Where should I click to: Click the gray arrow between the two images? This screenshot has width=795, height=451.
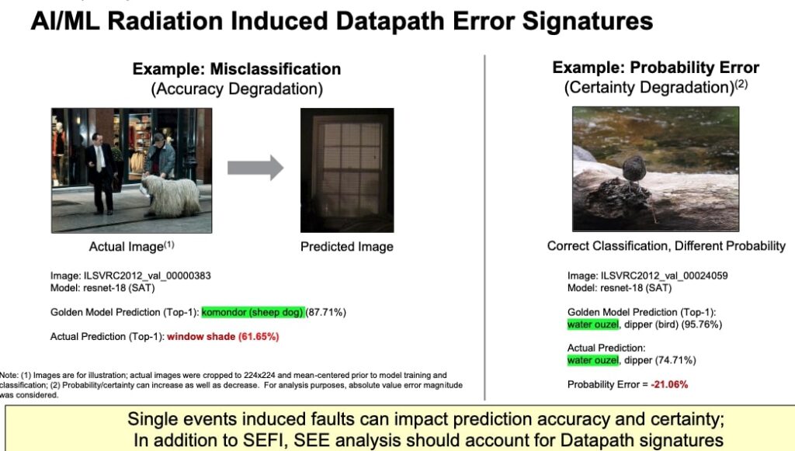pyautogui.click(x=255, y=168)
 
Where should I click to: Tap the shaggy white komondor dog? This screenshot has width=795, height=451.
pyautogui.click(x=171, y=196)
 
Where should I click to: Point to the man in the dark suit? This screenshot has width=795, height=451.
pyautogui.click(x=102, y=172)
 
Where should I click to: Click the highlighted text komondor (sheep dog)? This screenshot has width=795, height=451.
pyautogui.click(x=253, y=312)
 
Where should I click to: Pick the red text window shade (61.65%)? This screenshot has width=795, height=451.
pyautogui.click(x=223, y=336)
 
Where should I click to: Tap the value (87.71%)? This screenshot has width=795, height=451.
pyautogui.click(x=326, y=312)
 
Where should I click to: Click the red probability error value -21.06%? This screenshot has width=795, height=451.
pyautogui.click(x=669, y=384)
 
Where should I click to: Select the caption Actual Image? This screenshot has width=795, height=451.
pyautogui.click(x=131, y=246)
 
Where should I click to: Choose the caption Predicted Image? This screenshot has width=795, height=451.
pyautogui.click(x=347, y=247)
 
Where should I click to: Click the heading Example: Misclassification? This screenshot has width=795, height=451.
pyautogui.click(x=237, y=69)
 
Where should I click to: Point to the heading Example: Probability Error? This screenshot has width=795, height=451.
pyautogui.click(x=655, y=68)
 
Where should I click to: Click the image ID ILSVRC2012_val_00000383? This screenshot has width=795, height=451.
pyautogui.click(x=147, y=276)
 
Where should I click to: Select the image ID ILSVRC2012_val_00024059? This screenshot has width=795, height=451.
pyautogui.click(x=665, y=276)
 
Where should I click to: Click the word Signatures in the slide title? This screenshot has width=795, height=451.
pyautogui.click(x=587, y=21)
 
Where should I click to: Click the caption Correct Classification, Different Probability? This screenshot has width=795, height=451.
pyautogui.click(x=666, y=246)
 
